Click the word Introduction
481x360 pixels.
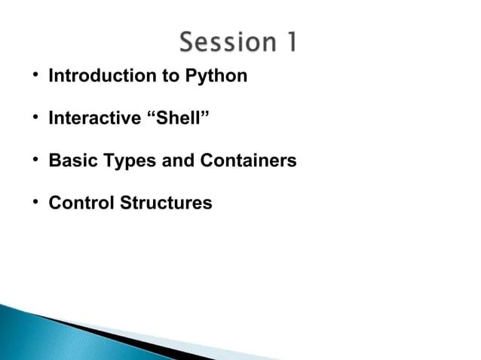click(97, 76)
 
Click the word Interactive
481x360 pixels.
click(94, 118)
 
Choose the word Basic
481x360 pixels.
click(70, 161)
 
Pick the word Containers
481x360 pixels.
click(248, 161)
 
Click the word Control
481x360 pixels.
click(80, 203)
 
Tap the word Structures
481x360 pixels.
click(165, 203)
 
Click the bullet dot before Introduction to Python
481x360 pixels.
click(35, 76)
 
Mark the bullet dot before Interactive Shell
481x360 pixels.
click(35, 118)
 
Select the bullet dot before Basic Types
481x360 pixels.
click(35, 161)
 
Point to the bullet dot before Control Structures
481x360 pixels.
click(35, 203)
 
